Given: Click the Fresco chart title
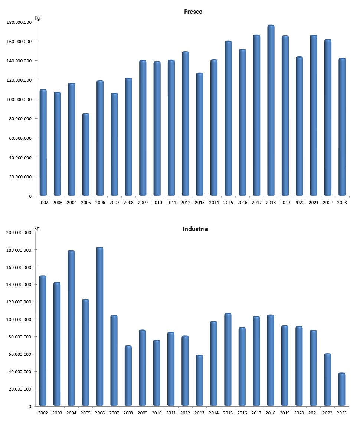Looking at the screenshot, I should click(193, 12).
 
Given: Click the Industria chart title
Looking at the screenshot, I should click(195, 229).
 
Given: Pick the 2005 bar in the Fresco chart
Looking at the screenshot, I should click(86, 154).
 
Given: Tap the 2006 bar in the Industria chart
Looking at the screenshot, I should click(100, 326).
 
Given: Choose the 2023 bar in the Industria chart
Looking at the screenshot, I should click(342, 390).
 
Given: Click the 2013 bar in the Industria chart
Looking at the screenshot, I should click(200, 381).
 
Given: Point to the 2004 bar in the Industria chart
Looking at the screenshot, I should click(71, 328).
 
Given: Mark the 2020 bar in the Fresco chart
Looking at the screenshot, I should click(299, 126).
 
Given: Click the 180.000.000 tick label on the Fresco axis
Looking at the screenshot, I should click(19, 22).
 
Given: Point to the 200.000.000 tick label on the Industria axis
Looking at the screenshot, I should click(19, 233).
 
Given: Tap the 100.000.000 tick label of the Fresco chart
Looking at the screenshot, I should click(19, 99).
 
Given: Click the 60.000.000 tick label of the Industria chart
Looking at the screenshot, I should click(20, 354).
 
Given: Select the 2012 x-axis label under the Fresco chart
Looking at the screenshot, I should click(185, 203).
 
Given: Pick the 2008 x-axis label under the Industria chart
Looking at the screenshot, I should click(128, 413).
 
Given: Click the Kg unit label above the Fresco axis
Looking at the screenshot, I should click(37, 18).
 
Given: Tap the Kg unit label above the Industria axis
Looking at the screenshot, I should click(37, 228).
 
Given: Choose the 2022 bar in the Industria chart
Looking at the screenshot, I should click(327, 380).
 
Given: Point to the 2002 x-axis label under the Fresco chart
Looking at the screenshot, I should click(43, 203).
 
